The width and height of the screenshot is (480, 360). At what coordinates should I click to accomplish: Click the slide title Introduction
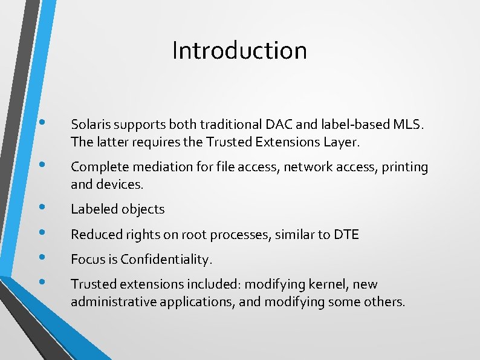coord(239,50)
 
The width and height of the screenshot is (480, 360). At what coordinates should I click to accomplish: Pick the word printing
coord(405,168)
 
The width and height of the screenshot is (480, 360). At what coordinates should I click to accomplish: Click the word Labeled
coord(94,209)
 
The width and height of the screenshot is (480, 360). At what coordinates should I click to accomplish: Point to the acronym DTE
coord(346,234)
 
